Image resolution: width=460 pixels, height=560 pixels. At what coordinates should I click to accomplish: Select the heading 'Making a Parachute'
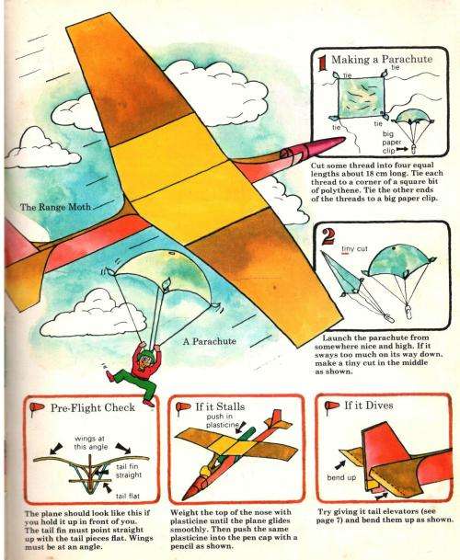(x=372, y=61)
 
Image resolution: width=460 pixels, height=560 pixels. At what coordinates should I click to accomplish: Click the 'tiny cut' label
(x=355, y=248)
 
